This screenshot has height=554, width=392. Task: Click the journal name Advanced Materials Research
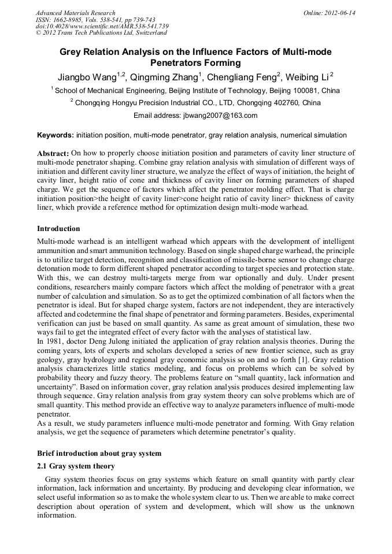pyautogui.click(x=75, y=13)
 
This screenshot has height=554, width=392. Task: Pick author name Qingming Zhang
pyautogui.click(x=163, y=77)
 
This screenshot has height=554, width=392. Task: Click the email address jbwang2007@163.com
pyautogui.click(x=220, y=115)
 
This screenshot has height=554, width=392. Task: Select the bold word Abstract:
pyautogui.click(x=53, y=154)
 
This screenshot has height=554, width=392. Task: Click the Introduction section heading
pyautogui.click(x=58, y=229)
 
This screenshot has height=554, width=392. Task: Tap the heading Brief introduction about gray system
pyautogui.click(x=99, y=453)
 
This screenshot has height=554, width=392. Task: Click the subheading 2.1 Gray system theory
pyautogui.click(x=76, y=466)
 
